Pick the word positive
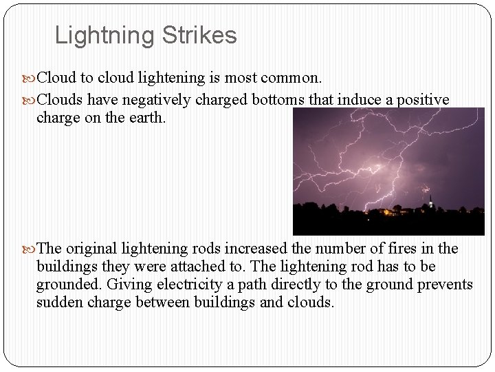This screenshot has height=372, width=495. coord(425,100)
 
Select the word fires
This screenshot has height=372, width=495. coord(390,248)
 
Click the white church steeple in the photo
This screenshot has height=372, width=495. coord(430,203)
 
